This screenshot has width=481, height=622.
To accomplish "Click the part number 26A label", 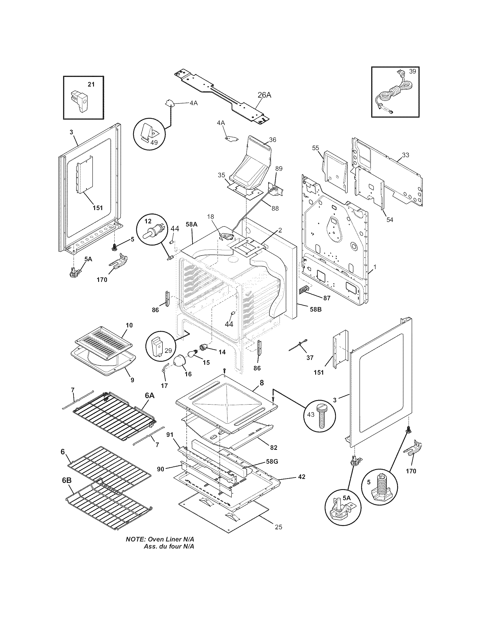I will click(264, 95).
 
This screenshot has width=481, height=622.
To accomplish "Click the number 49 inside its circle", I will click(154, 142).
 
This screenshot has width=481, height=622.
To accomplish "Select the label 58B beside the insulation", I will click(315, 309).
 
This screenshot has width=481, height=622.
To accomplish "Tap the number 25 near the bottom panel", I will click(279, 527).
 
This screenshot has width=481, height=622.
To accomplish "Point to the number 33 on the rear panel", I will click(405, 155).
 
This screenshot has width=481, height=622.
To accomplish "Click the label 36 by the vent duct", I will click(272, 140).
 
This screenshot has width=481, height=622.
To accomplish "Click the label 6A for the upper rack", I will click(150, 396).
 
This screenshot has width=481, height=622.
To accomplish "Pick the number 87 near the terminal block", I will click(327, 298).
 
